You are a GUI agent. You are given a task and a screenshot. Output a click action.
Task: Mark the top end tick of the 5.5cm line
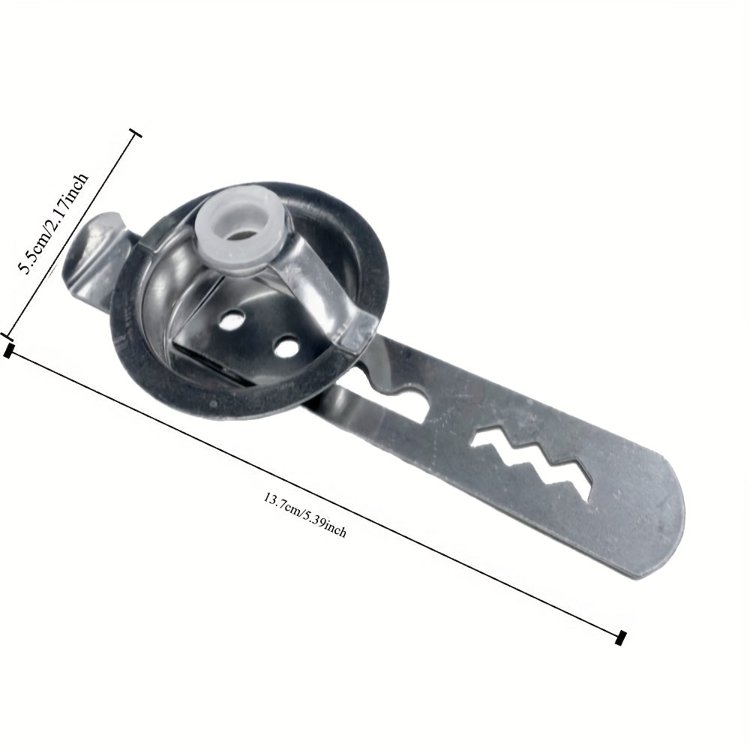136,134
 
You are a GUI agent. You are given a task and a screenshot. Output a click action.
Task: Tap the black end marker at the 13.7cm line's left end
9,350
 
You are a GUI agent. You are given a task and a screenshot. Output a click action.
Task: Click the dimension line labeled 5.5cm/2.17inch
71,232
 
